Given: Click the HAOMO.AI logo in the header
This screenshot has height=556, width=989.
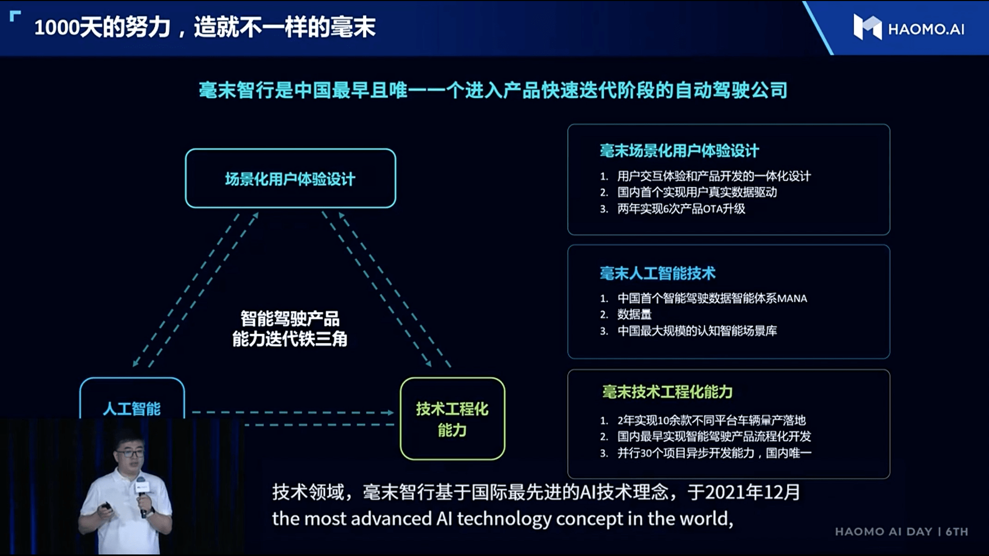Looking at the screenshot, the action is click(x=909, y=28).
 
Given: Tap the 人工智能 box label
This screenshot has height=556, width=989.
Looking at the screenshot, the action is click(x=132, y=409).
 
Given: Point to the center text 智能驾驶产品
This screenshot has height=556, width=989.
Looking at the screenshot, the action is click(x=290, y=319).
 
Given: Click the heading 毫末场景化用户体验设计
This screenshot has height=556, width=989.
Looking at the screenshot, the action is click(x=679, y=151).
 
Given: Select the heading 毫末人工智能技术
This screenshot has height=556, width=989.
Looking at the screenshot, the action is click(x=657, y=273).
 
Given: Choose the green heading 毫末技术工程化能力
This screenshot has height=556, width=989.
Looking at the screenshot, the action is click(x=667, y=392).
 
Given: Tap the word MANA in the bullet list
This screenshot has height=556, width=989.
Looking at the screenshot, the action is click(x=792, y=299).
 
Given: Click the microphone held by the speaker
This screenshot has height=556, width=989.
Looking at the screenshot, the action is click(x=143, y=494).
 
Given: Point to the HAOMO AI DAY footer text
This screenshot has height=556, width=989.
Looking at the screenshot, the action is click(x=901, y=532).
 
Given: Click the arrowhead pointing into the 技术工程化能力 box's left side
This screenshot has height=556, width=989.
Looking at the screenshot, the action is click(x=388, y=412).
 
